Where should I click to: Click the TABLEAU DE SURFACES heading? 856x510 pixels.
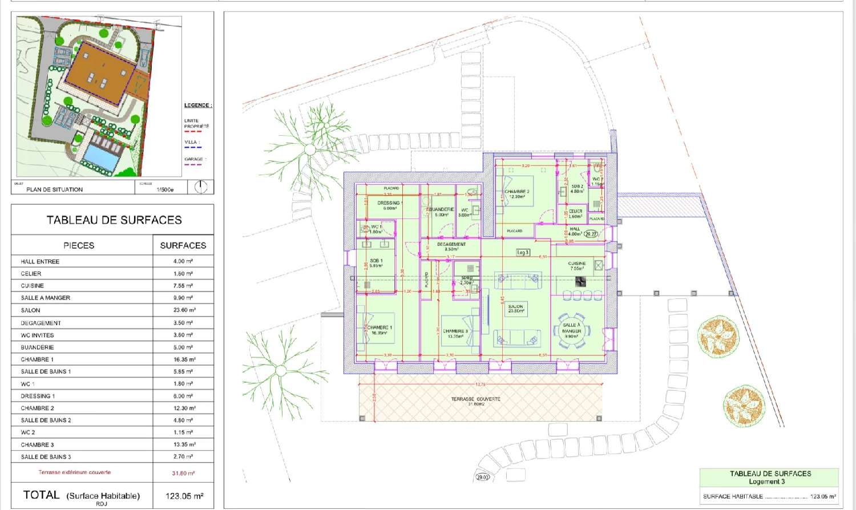114,220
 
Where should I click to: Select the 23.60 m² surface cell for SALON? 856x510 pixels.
184,310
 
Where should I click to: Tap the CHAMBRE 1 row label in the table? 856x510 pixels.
37,359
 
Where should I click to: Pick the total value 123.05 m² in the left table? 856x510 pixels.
184,496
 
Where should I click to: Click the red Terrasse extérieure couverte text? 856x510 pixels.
75,472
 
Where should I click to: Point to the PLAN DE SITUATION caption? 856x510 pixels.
54,189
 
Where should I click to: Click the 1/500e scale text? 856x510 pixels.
165,189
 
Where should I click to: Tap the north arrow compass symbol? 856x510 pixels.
201,187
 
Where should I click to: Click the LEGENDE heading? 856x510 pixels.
197,106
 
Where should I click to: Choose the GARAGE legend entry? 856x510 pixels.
193,159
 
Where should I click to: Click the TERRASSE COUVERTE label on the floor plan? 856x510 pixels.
475,399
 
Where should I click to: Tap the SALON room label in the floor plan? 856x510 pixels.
515,307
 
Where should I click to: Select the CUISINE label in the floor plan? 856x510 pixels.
576,264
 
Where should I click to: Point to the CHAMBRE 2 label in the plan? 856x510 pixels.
516,192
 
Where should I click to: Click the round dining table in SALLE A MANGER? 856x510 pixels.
571,329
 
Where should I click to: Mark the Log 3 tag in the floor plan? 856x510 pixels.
523,252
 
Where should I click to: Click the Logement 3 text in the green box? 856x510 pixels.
766,481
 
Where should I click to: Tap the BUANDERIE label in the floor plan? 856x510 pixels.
441,209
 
